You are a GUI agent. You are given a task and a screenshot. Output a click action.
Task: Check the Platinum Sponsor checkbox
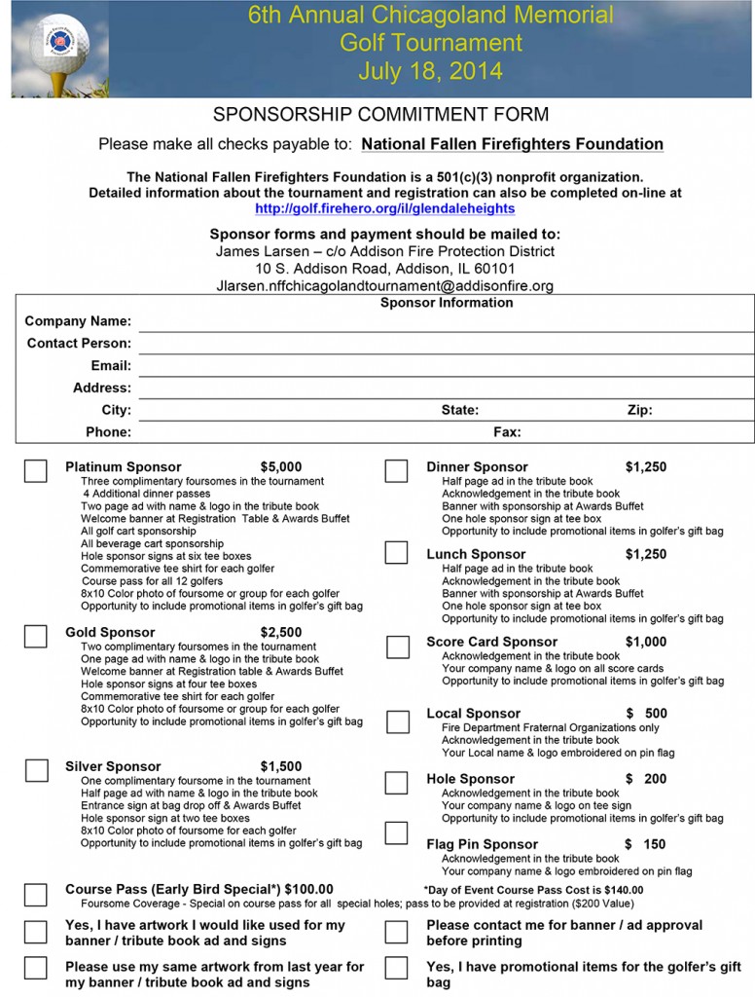tap(35, 471)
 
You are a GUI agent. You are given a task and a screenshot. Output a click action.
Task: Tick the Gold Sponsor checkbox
tap(35, 636)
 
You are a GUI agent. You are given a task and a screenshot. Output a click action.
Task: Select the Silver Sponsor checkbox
tap(36, 770)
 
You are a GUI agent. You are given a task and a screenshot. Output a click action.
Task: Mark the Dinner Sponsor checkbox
tap(396, 471)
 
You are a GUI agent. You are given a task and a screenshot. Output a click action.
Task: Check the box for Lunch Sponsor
tap(396, 552)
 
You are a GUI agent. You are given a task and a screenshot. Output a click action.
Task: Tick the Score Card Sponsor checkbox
tap(397, 646)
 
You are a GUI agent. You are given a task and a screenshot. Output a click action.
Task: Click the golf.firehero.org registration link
tap(384, 208)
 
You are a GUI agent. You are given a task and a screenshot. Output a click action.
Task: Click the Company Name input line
tap(446, 322)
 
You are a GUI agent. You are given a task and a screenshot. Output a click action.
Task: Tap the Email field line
tap(446, 367)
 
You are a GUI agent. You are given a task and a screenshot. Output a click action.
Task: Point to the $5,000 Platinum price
tap(281, 467)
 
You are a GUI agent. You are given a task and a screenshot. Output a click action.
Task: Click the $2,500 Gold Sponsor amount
tap(281, 633)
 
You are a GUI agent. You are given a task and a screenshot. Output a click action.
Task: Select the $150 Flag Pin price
tap(645, 844)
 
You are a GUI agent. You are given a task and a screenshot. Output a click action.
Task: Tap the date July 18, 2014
tap(430, 71)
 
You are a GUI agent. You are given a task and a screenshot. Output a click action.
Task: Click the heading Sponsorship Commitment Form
tap(380, 115)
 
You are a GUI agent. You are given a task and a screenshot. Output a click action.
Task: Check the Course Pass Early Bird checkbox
tap(35, 894)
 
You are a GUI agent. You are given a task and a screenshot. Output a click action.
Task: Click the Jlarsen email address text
tap(384, 286)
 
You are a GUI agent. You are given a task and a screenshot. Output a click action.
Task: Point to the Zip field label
tap(639, 411)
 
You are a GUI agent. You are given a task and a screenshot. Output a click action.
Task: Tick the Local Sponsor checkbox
tap(397, 722)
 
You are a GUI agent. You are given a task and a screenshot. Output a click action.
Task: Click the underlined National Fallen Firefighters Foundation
tap(512, 144)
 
